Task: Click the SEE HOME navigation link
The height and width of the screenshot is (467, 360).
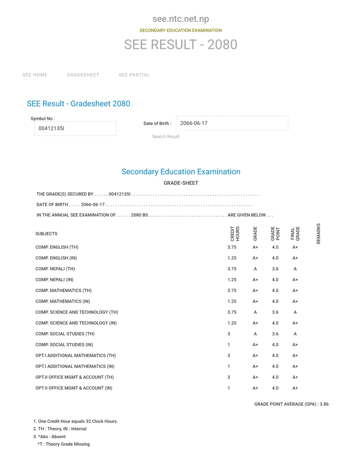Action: click(35, 75)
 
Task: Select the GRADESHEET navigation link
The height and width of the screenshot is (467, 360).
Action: click(83, 75)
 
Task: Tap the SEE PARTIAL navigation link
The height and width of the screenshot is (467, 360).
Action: click(134, 75)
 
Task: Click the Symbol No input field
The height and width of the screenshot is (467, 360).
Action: click(75, 129)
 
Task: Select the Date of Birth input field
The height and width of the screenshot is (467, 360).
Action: click(232, 123)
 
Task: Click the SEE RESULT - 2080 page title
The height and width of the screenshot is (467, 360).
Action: click(181, 44)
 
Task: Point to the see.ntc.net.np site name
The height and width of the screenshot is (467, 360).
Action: click(181, 19)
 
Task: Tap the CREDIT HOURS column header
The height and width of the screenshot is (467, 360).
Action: click(235, 233)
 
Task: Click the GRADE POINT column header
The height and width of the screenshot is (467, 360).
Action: click(275, 233)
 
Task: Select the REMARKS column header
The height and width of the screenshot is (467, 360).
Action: click(319, 233)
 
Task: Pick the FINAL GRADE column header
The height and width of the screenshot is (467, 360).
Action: click(295, 233)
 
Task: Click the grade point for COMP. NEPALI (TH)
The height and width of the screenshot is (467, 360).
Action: click(275, 269)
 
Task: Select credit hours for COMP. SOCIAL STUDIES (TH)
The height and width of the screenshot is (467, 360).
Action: click(229, 334)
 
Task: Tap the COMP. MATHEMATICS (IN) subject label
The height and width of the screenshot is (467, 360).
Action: click(63, 301)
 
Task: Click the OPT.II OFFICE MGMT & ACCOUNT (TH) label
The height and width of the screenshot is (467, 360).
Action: click(75, 377)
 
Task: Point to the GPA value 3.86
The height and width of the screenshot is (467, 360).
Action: click(324, 404)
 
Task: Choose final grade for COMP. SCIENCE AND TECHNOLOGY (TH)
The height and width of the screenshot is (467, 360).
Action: click(295, 312)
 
